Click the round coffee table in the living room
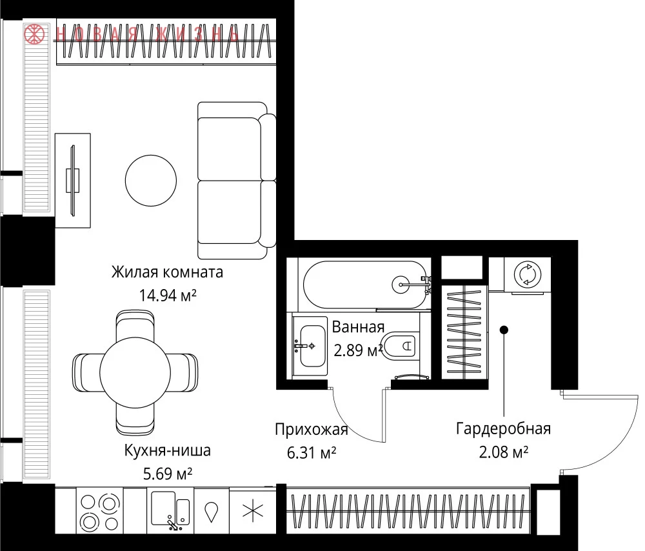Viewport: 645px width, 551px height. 151,180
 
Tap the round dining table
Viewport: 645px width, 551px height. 135,372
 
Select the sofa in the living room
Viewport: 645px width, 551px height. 237,181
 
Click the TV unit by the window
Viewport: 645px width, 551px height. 73,180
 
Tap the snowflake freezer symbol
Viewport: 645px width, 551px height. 253,512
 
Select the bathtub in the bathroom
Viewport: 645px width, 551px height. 365,285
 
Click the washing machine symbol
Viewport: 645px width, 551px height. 528,274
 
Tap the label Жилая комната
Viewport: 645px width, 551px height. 168,272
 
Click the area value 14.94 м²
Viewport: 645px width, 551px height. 168,295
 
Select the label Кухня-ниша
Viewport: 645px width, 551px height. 168,450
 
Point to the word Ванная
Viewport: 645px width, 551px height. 358,327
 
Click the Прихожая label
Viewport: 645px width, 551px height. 312,430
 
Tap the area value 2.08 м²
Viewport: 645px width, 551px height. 504,452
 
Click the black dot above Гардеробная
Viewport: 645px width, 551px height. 504,330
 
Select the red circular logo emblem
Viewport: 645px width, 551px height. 34,34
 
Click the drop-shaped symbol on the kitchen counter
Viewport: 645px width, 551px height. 212,512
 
